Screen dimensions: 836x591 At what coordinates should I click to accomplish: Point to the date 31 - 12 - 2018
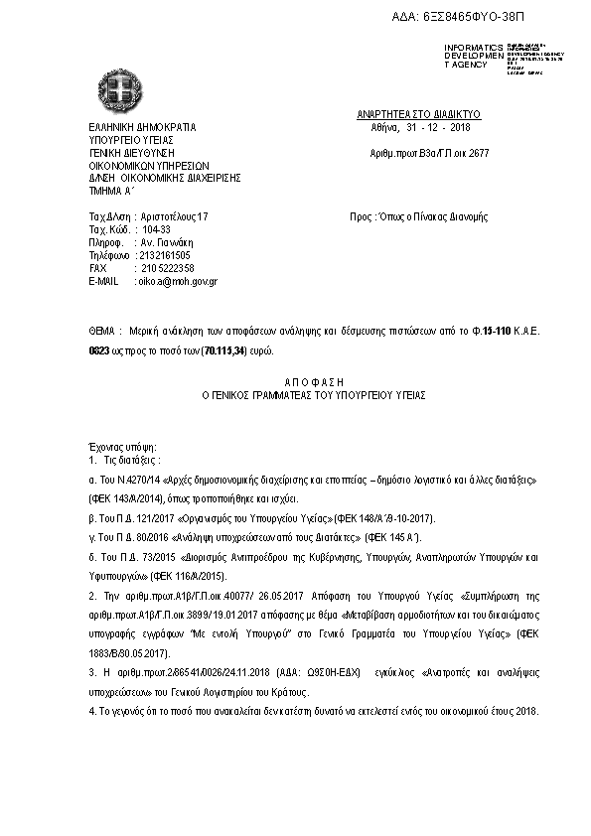438,128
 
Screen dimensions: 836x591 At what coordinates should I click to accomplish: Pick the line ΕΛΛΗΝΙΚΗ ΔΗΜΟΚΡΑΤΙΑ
143,128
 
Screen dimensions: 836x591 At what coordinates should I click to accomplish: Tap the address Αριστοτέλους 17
175,216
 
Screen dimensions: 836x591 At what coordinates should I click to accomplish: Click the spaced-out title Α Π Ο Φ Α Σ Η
299,380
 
